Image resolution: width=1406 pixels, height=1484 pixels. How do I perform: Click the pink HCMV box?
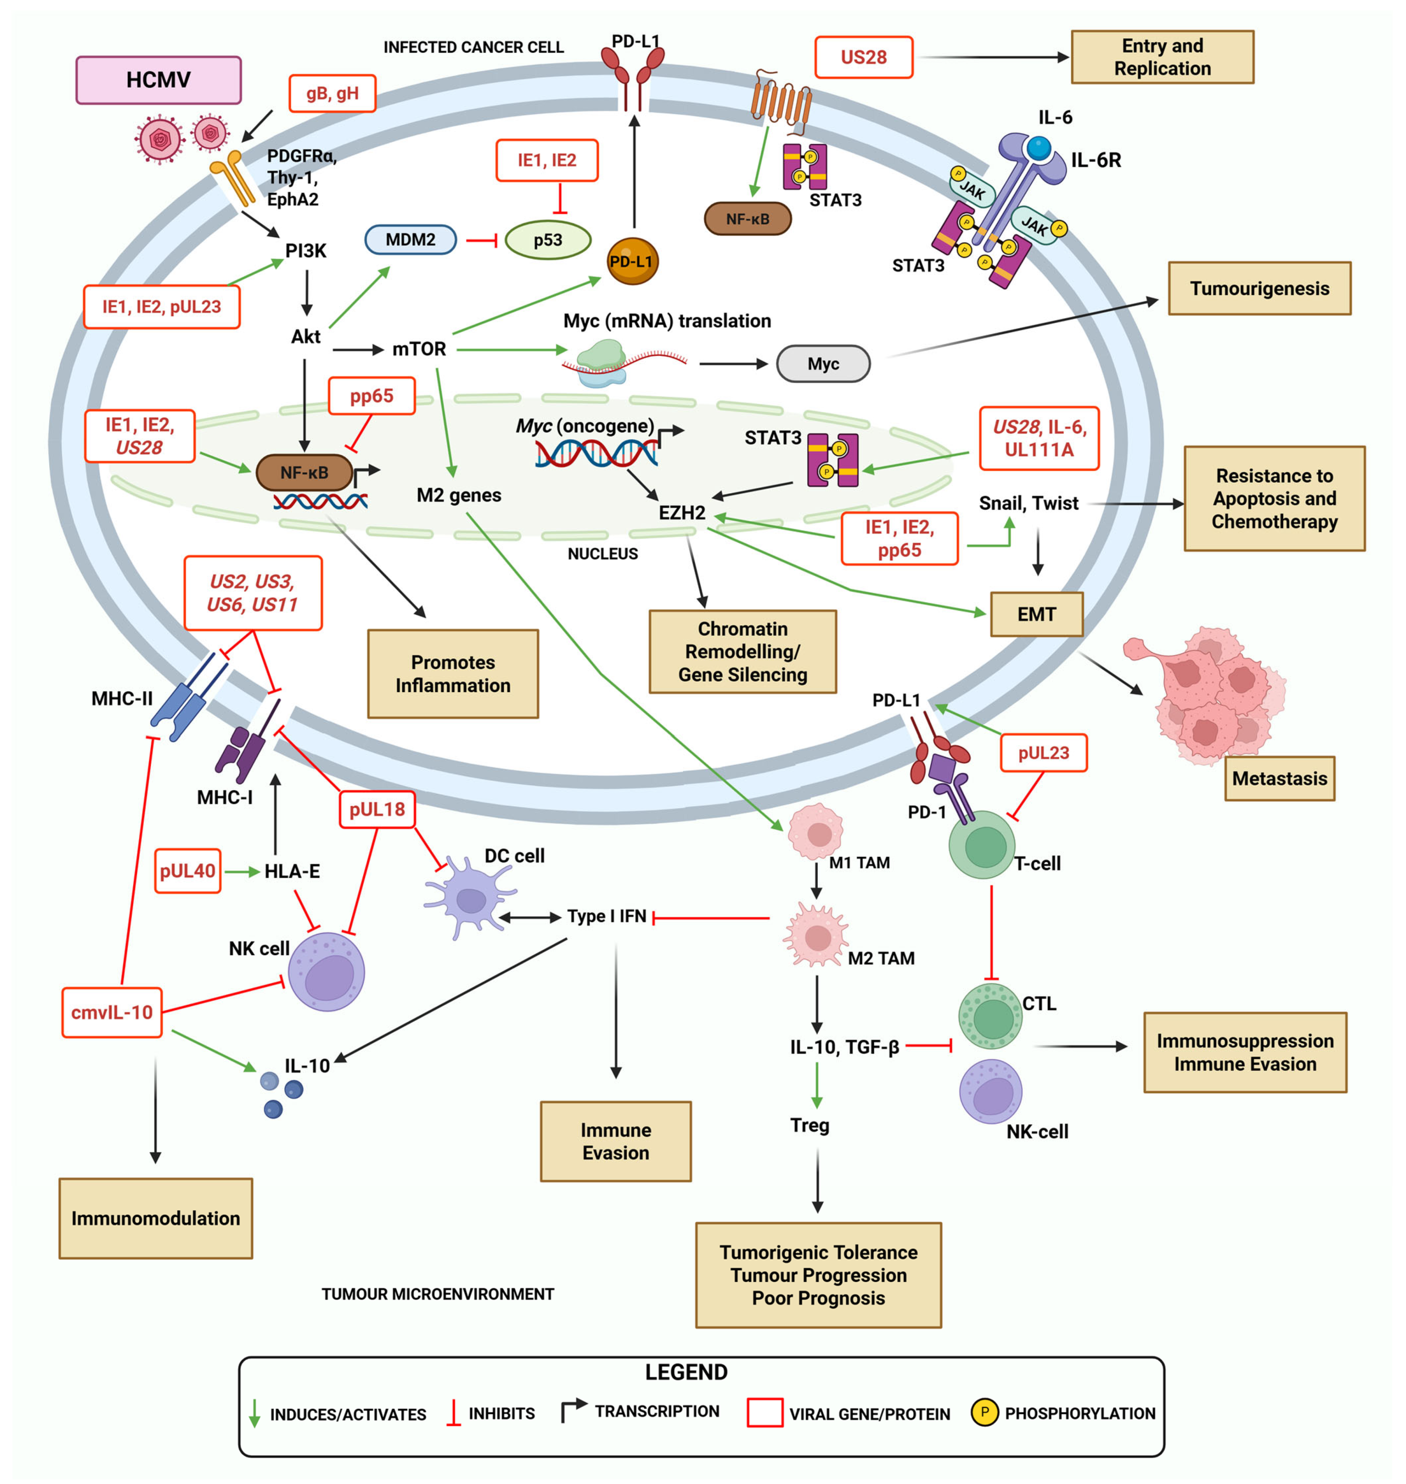point(158,79)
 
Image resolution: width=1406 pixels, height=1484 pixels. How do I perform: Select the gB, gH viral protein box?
point(332,94)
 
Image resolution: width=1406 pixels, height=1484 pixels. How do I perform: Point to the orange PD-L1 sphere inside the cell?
point(632,261)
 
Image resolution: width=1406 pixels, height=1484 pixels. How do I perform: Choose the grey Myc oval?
point(823,364)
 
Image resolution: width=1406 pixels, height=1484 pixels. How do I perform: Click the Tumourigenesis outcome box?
point(1259,288)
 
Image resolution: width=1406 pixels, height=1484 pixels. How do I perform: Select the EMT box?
point(1036,614)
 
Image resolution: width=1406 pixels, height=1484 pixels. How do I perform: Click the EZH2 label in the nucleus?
point(681,513)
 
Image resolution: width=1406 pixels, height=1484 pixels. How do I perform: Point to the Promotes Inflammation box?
point(453,673)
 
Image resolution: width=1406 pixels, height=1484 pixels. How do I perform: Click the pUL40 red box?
point(187,870)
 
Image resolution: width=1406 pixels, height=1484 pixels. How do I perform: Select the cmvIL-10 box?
point(111,1012)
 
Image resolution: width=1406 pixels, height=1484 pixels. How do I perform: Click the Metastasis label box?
point(1279,778)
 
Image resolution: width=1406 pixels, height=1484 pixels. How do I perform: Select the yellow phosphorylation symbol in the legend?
point(984,1412)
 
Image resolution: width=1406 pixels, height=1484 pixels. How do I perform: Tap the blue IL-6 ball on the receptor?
point(1038,147)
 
